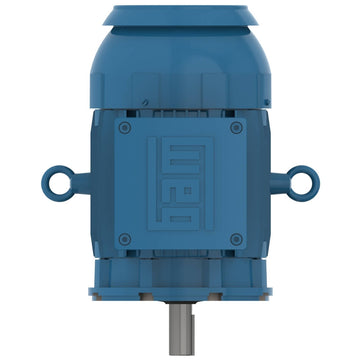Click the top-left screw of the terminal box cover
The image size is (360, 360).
125,128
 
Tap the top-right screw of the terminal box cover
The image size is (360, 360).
236,128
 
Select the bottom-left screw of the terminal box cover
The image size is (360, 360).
125,239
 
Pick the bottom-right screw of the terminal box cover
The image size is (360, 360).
236,239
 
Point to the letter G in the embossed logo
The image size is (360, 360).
186,215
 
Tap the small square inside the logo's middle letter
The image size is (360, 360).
188,190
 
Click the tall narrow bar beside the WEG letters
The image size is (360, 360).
152,183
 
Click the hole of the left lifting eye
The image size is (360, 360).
60,183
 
